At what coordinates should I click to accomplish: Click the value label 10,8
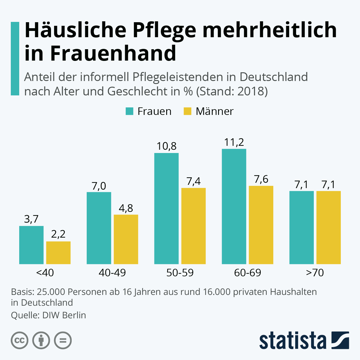[166, 146]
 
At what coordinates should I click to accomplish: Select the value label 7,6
[261, 179]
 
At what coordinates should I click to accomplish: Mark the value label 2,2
[58, 234]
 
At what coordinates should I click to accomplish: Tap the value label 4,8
[126, 208]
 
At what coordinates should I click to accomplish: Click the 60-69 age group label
[247, 273]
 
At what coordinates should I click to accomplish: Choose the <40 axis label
[45, 273]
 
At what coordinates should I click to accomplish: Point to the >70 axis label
[315, 273]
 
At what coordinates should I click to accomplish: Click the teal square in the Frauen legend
[129, 111]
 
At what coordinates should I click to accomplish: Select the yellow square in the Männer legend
[187, 111]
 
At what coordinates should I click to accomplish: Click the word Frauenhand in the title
[113, 53]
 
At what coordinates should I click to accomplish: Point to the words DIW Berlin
[64, 315]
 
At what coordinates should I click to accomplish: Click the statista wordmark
[293, 340]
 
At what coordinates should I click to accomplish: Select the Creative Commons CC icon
[19, 340]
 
